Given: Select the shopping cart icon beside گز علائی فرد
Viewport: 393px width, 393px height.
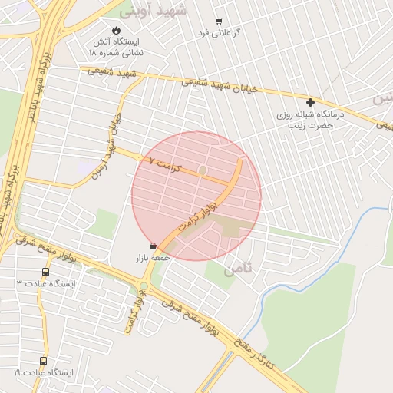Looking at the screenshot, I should (219, 21).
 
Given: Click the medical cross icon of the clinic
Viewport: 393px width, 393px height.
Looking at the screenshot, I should (311, 102).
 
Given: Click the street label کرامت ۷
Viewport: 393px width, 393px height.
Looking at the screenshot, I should (163, 164).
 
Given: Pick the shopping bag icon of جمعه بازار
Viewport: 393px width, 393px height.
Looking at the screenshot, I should (154, 246).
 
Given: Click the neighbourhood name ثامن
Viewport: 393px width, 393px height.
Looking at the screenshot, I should (237, 270).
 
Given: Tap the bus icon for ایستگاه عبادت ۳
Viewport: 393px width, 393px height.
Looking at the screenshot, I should (45, 272).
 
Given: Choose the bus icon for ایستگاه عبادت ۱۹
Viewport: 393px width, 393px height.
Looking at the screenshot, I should (43, 360).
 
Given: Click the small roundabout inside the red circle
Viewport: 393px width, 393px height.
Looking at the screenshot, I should (203, 170).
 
